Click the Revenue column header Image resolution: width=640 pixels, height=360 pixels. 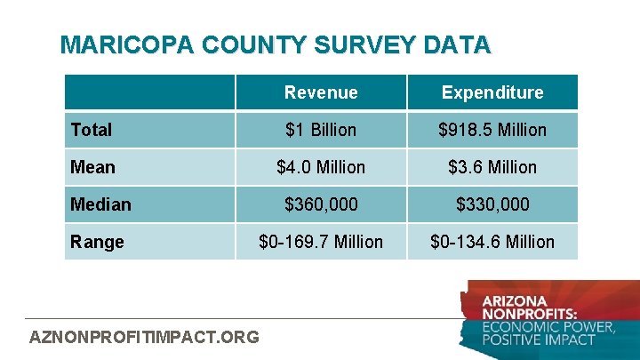pyautogui.click(x=321, y=92)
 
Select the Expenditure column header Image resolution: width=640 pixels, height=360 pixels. pyautogui.click(x=492, y=92)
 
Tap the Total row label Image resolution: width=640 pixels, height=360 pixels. pyautogui.click(x=92, y=130)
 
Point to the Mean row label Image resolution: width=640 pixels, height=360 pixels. pyautogui.click(x=92, y=167)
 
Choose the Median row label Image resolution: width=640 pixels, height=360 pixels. pyautogui.click(x=100, y=204)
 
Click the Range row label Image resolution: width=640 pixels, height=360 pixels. pyautogui.click(x=97, y=242)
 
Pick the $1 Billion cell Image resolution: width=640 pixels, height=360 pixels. pyautogui.click(x=321, y=130)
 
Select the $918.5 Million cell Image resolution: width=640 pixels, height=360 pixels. pyautogui.click(x=492, y=130)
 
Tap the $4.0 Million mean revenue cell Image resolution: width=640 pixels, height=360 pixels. pyautogui.click(x=321, y=167)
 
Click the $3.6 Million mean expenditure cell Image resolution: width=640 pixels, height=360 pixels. pyautogui.click(x=492, y=167)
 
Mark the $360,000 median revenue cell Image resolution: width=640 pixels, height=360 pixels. pyautogui.click(x=321, y=204)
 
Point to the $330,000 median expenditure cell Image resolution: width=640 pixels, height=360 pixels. pyautogui.click(x=492, y=204)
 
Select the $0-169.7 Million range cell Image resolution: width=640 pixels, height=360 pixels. pyautogui.click(x=321, y=242)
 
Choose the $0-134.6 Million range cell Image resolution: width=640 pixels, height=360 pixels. pyautogui.click(x=492, y=242)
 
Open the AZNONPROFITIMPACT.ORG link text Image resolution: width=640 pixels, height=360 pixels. pyautogui.click(x=145, y=337)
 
